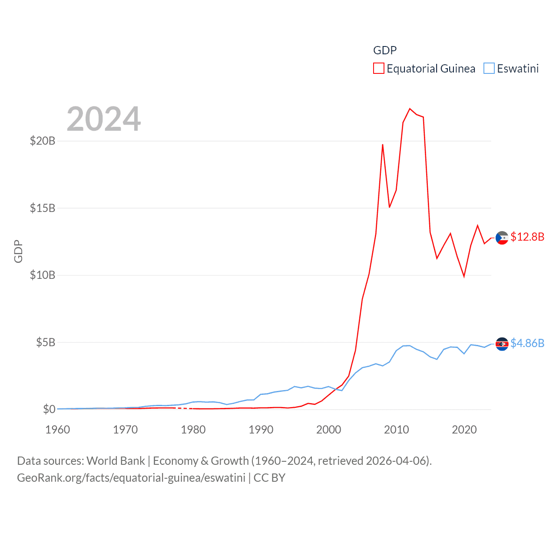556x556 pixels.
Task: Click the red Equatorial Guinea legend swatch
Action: coord(378,69)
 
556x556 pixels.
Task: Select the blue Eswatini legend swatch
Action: coord(489,69)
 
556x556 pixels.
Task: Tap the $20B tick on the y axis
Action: coord(43,141)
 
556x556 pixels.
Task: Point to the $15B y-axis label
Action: coord(43,208)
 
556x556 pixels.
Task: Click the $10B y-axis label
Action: coord(43,275)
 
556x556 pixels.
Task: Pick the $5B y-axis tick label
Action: coord(46,342)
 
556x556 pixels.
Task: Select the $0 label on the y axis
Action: coord(49,409)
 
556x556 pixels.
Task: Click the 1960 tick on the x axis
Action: coord(58,430)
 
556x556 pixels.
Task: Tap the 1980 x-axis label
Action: coord(193,430)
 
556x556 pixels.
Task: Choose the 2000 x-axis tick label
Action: coord(329,430)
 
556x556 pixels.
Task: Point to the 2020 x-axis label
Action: coord(464,430)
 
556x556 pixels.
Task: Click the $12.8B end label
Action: coord(527,237)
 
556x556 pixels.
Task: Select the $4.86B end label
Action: coord(527,343)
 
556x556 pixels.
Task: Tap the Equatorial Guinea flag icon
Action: coord(502,238)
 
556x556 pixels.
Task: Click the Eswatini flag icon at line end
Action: coord(502,344)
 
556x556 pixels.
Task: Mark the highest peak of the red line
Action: coord(410,109)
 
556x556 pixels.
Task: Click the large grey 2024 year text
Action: coord(104,119)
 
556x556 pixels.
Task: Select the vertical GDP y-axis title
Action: coord(18,251)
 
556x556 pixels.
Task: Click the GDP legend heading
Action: coord(385,50)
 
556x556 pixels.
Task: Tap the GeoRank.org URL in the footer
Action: coord(131,478)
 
